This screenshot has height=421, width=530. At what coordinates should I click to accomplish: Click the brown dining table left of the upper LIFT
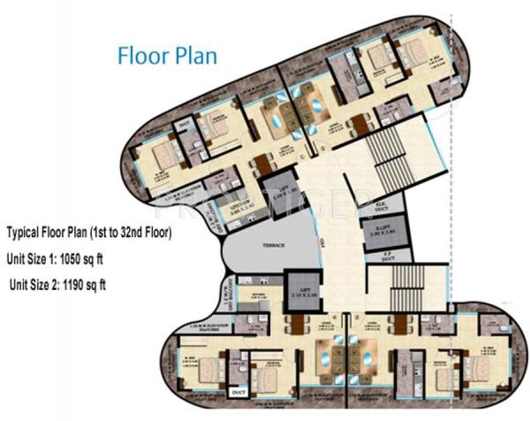click(261, 165)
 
